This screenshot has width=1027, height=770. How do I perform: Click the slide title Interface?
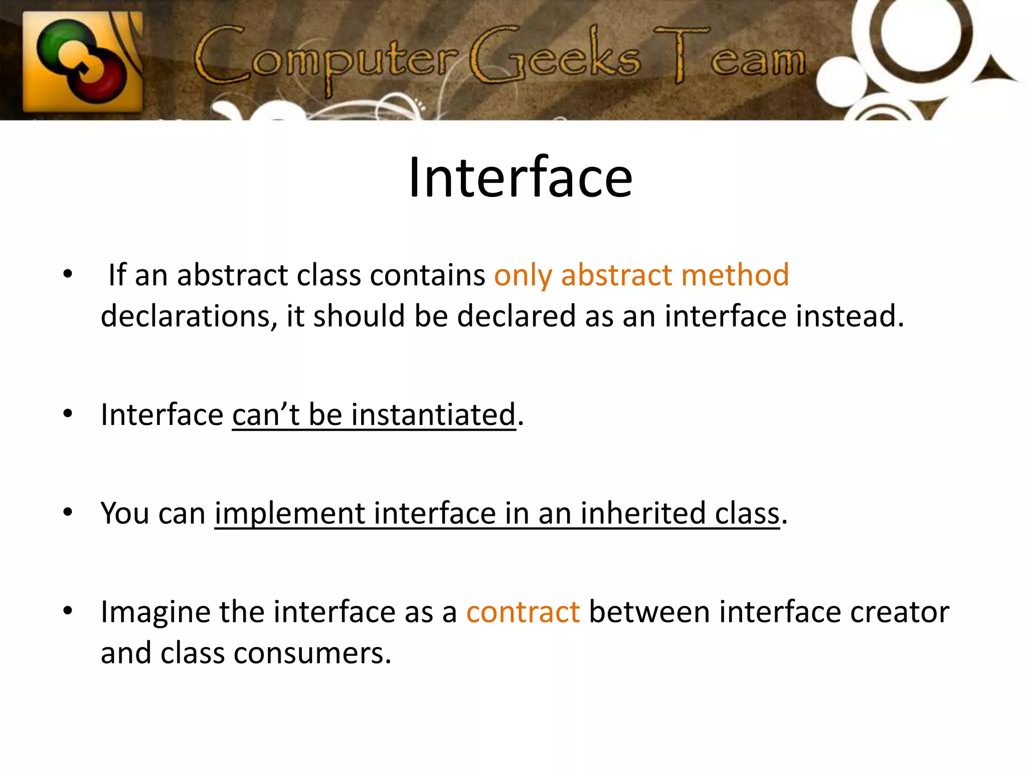click(520, 177)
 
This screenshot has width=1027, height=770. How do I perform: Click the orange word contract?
click(523, 613)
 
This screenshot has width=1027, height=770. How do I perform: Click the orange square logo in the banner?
click(83, 61)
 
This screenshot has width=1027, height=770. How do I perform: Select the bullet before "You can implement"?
click(68, 512)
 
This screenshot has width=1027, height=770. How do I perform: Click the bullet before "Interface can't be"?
click(68, 414)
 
